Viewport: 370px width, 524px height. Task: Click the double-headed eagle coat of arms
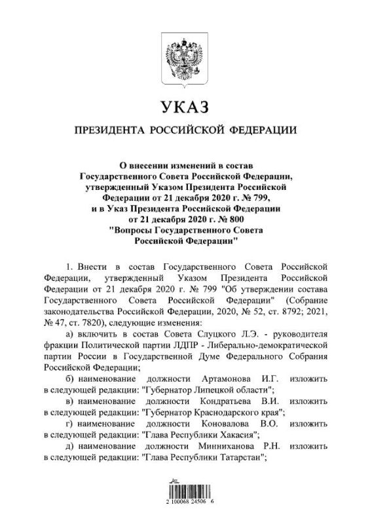tap(185, 59)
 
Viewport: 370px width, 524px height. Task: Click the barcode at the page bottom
tap(185, 495)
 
